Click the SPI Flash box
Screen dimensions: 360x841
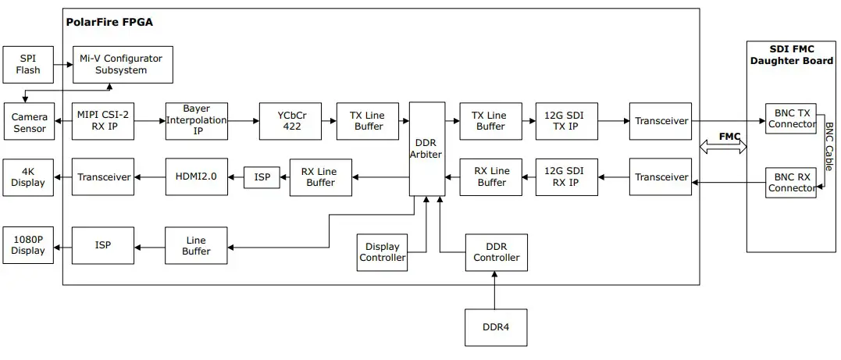(28, 65)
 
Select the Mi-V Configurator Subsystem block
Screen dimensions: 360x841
(122, 65)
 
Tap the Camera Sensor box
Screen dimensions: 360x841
(29, 122)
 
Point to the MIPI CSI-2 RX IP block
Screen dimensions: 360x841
(103, 121)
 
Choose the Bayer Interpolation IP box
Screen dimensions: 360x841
(197, 121)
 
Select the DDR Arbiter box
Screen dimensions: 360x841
(426, 148)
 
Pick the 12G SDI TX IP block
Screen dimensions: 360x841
(567, 121)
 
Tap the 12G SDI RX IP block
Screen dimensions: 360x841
(567, 177)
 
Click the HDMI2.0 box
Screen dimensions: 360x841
(197, 177)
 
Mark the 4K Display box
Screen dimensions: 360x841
(29, 177)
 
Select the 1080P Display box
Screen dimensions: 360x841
(29, 245)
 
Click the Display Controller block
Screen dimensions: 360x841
(383, 252)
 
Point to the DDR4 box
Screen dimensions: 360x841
(495, 327)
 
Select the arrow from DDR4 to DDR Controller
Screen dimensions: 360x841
(495, 290)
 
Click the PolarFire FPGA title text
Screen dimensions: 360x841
(109, 22)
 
